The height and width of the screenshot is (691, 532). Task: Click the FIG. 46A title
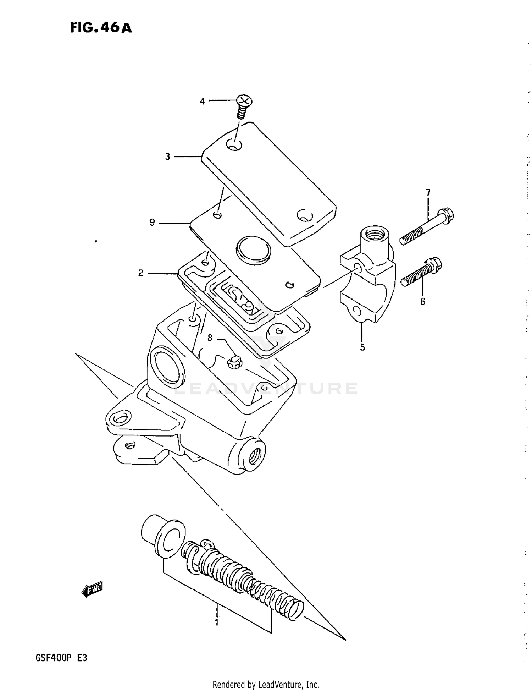click(101, 28)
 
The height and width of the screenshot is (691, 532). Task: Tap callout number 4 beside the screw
click(202, 102)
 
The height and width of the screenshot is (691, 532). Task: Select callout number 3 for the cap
click(168, 157)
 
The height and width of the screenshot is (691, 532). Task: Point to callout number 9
click(152, 223)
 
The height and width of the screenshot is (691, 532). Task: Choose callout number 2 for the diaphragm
click(141, 273)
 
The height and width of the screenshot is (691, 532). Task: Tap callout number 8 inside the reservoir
click(210, 338)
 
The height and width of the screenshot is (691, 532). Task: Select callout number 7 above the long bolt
click(428, 193)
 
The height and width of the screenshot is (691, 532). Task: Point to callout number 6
click(423, 301)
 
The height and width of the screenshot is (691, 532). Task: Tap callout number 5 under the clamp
click(362, 347)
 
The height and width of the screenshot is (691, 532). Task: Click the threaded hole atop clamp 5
click(374, 234)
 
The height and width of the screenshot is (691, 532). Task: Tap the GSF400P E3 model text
click(61, 658)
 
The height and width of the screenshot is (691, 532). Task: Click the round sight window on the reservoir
click(166, 370)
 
